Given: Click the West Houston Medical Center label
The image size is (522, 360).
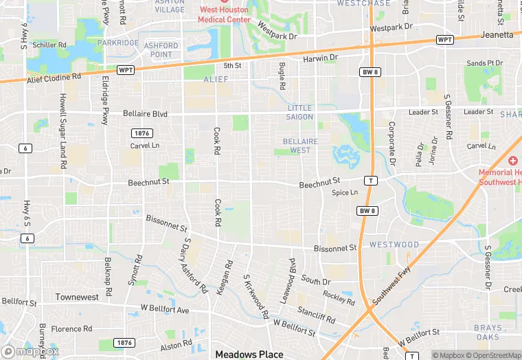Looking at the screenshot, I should point(225,14).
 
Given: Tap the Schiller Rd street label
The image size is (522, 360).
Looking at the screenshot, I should point(49,45).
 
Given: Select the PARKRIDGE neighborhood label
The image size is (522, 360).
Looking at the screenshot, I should point(117,43).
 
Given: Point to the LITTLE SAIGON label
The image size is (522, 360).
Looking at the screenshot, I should point(299,113).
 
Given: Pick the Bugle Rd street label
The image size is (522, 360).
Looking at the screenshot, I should point(282,76).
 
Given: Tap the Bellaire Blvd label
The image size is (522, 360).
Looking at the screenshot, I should point(145,113).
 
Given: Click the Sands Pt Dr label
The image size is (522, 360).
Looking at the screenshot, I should point(485,63).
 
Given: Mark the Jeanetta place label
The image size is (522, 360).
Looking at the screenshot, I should point(497,34).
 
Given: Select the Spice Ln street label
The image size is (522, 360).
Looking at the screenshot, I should point(345,193).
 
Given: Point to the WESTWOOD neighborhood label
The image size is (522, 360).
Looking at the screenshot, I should point(394,245).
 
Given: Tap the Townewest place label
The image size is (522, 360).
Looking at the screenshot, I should point(77,297).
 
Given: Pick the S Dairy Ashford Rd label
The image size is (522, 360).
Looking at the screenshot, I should point(194,266).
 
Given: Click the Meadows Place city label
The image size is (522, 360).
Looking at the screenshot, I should point(249,355).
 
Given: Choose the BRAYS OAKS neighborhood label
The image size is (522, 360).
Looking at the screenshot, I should point(488,333).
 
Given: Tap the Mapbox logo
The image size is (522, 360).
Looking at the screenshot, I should point(30,351).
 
